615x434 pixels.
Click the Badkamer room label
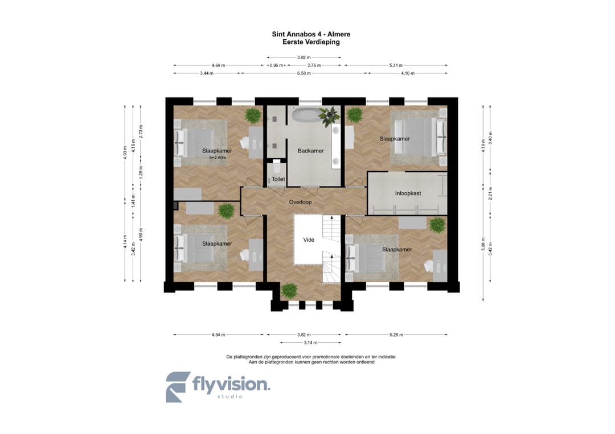[x=310, y=151]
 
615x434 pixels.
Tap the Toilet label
[x=278, y=179]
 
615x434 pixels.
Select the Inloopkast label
[x=408, y=193]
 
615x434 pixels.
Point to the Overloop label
[x=300, y=202]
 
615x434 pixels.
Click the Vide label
[x=309, y=239]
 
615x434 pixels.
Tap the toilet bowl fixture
[x=277, y=167]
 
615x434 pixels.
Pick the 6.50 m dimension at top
[x=304, y=73]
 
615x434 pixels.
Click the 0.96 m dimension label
[x=276, y=65]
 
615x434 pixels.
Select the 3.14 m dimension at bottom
[x=310, y=343]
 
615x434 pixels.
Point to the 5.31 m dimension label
[x=396, y=65]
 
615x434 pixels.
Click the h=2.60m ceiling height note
[x=218, y=158]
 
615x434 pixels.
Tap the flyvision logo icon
[x=178, y=387]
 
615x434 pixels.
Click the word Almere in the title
[x=339, y=34]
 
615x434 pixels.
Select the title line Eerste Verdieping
[x=311, y=42]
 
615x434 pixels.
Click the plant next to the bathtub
[x=329, y=116]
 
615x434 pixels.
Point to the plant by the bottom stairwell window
[x=289, y=291]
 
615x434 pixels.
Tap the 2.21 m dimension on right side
[x=490, y=193]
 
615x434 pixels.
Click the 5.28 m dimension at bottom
[x=396, y=335]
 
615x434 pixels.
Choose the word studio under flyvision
[x=230, y=397]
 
